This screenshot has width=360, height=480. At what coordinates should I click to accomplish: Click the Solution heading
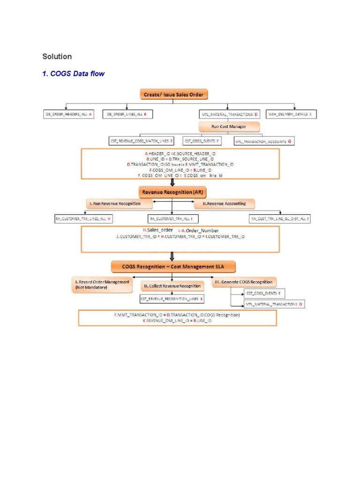point(57,57)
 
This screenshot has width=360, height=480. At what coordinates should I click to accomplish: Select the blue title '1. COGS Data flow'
point(74,74)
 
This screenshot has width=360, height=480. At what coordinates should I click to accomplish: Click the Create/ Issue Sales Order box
point(173,94)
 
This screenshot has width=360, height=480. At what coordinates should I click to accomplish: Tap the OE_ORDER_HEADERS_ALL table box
point(68,114)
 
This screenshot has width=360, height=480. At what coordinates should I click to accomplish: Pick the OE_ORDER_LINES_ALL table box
point(127,114)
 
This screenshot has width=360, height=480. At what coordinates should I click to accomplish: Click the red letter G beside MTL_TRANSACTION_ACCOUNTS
point(289,141)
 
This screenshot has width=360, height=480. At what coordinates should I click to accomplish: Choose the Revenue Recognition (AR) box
point(173,192)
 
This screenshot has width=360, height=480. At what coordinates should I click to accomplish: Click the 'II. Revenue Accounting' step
point(224,204)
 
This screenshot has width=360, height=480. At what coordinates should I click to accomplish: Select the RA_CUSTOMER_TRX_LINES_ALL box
point(83,218)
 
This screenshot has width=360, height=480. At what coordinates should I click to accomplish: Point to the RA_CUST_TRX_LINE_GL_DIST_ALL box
point(281,218)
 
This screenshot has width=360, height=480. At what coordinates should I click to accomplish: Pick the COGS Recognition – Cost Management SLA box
point(173,267)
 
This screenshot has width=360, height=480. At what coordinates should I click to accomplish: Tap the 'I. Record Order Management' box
point(102,285)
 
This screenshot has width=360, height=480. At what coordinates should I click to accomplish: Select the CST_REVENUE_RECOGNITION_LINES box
point(172,299)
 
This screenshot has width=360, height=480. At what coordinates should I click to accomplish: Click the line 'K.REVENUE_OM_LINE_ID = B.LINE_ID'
point(177,321)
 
